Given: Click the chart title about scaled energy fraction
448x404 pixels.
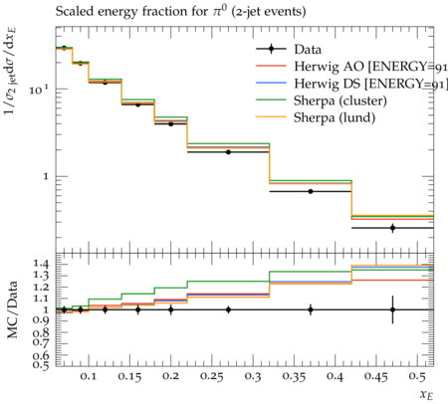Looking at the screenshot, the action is coord(180,11).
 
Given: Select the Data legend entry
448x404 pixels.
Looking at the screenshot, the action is coord(289,50).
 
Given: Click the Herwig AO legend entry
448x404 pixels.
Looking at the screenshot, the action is coord(351,67).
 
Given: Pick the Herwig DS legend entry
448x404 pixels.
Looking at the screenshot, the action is coord(351,84).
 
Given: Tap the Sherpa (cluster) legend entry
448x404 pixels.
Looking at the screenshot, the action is coord(322,101).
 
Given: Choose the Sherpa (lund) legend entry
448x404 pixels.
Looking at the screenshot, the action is coord(316,117).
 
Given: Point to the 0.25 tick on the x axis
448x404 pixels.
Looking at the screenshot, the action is coord(212,376).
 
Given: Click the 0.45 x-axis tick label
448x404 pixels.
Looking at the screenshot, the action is coord(376,376).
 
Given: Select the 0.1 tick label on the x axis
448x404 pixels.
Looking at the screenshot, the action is coord(89,376).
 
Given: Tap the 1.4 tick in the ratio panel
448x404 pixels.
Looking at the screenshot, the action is coord(42,264).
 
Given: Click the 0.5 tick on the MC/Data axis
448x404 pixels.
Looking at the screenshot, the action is coord(42,364).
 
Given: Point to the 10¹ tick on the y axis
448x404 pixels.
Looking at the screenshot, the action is coord(39,89).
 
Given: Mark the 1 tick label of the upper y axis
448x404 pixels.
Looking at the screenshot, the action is coord(46,176).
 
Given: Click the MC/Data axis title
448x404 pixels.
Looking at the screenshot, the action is coord(12,309).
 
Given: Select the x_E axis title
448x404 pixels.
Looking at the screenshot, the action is coord(427,395).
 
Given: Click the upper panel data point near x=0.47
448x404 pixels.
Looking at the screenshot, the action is coord(392,228).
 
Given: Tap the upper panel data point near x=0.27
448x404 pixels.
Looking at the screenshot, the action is coord(228,152).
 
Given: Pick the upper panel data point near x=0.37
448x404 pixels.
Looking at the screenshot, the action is coord(311,191).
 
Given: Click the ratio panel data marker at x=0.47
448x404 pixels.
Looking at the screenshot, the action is coord(392,309).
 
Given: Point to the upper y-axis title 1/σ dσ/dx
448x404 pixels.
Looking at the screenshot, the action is coord(10,71).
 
